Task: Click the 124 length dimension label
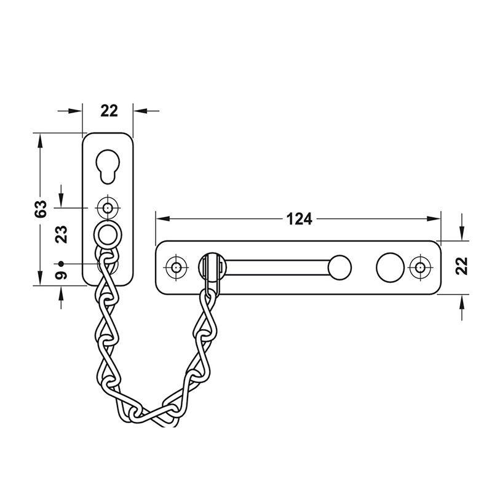click(300, 219)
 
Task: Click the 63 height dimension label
click(41, 208)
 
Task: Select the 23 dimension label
click(61, 234)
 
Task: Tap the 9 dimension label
click(61, 275)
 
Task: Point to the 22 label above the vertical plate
click(109, 111)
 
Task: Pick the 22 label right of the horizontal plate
click(462, 266)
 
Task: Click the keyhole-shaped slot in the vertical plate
click(108, 166)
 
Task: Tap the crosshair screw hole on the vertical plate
click(108, 207)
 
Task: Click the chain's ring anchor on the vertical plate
click(108, 235)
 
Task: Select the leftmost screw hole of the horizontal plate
click(176, 268)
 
